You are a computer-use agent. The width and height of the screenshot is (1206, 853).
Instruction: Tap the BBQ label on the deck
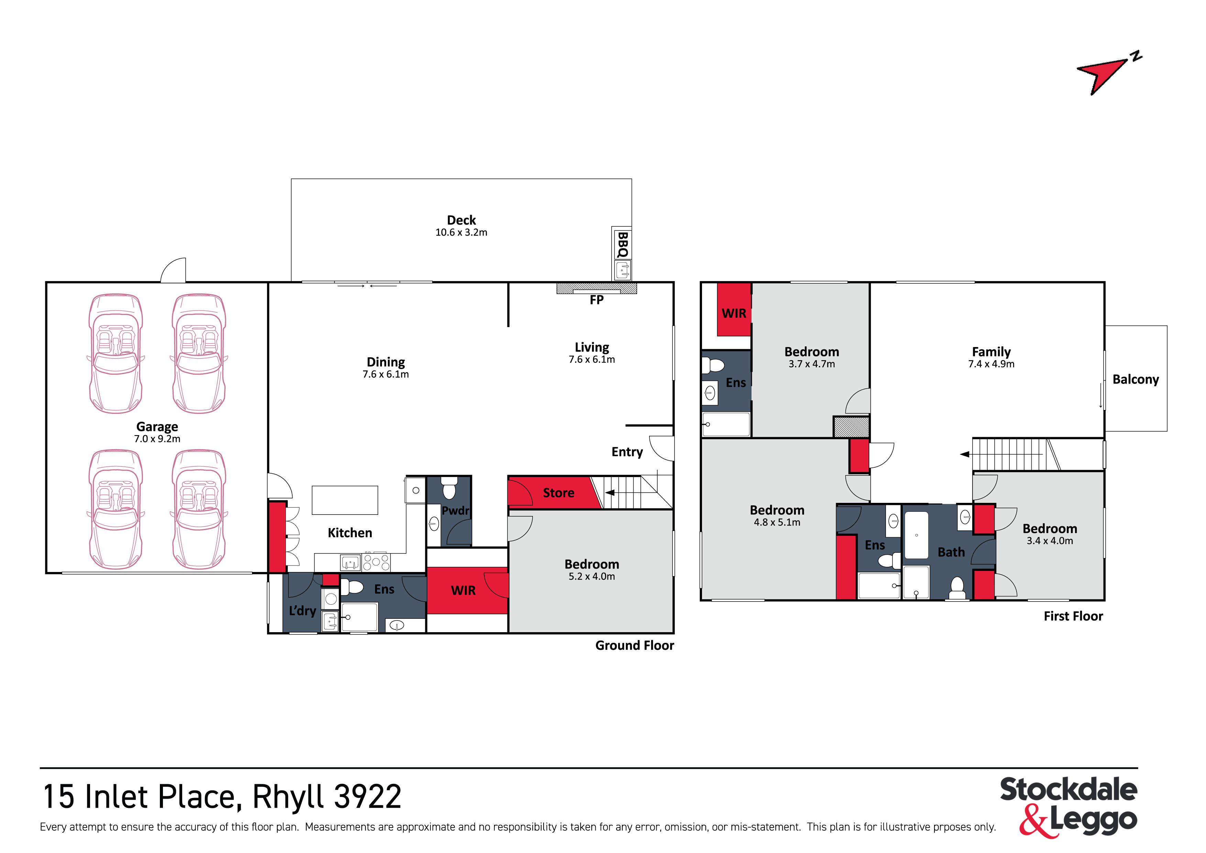[x=623, y=245]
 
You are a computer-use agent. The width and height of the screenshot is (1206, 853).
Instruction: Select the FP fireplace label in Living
[x=597, y=300]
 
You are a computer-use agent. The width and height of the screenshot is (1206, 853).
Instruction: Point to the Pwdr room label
[x=456, y=510]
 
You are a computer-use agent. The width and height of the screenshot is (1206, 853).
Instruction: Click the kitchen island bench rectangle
[x=345, y=500]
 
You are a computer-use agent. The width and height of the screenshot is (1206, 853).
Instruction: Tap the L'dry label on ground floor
[x=303, y=611]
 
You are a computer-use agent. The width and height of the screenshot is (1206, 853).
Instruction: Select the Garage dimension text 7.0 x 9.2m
[x=157, y=439]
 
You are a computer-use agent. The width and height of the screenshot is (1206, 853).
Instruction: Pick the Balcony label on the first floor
[x=1136, y=379]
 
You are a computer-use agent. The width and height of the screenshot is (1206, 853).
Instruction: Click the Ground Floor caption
[x=635, y=645]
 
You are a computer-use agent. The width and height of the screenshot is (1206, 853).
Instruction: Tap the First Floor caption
[x=1073, y=616]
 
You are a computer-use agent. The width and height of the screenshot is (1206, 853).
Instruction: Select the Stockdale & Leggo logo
[x=1069, y=807]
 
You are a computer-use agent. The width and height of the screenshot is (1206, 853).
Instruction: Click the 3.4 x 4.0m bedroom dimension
[x=1050, y=541]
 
